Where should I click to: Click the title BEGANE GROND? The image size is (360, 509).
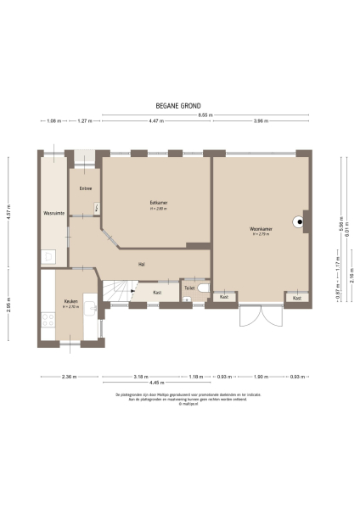178,107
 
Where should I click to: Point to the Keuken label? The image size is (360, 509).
71,301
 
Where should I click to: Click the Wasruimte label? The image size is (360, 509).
54,213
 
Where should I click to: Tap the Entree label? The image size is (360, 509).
85,187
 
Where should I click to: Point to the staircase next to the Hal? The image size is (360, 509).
115,293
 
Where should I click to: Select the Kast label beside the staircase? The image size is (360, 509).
157,293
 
